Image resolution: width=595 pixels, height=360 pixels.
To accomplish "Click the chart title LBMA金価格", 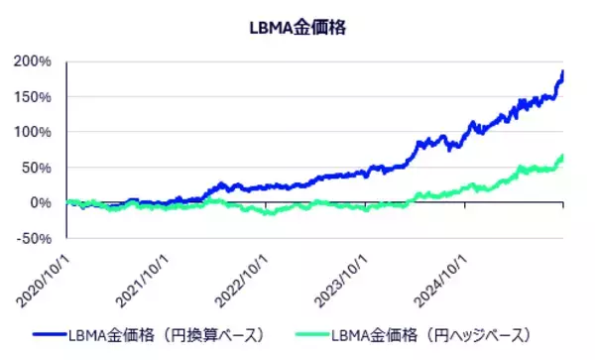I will [x=297, y=27].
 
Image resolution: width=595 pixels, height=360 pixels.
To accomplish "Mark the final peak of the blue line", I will [x=563, y=71].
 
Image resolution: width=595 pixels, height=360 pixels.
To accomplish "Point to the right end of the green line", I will [x=563, y=156].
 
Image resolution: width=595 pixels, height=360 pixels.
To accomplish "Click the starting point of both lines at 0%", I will [x=67, y=202].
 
